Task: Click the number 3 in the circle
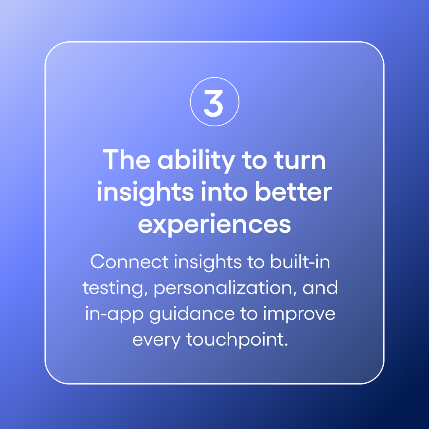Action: coord(214,102)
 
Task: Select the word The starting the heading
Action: coord(128,160)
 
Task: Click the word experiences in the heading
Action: coord(214,224)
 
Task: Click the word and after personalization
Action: coord(320,288)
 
